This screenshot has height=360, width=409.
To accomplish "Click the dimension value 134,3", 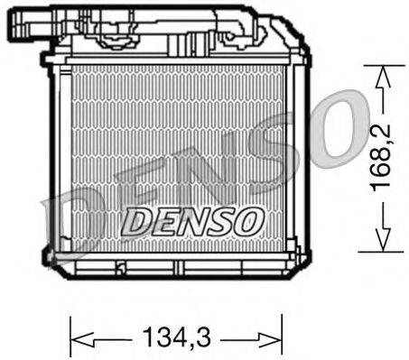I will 175,341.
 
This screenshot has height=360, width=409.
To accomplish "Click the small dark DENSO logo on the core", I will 191,217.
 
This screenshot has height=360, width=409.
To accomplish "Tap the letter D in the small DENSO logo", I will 135,217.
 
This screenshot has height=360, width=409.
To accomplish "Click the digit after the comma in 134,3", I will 205,341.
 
